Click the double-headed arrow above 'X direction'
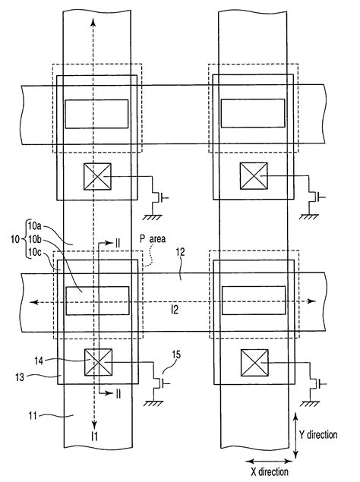265,460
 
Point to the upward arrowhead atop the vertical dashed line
94,20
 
